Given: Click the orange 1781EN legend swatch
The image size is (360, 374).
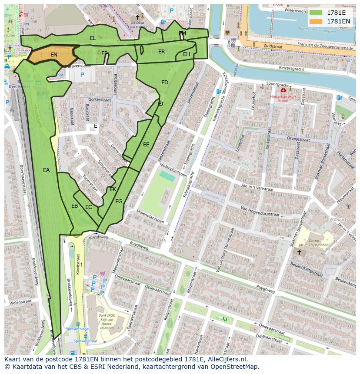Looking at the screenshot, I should click(x=316, y=21).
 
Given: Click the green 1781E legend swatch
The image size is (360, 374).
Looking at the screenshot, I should click(x=316, y=13).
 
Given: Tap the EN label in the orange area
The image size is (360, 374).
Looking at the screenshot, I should click(x=54, y=55).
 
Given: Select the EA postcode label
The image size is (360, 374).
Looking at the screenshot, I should click(x=47, y=170).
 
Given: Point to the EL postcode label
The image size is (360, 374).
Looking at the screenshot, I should click(x=93, y=38).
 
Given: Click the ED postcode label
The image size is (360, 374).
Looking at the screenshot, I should click(x=165, y=83).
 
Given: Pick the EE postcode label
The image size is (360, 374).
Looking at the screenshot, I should click(x=146, y=145).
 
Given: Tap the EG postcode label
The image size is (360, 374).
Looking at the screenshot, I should click(x=119, y=202).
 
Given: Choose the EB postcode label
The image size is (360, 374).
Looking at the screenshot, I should click(x=75, y=206).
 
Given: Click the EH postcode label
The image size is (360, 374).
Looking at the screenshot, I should click(x=187, y=54).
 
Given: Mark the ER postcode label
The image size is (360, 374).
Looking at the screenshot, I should click(x=162, y=52).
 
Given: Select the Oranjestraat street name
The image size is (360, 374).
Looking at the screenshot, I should click(x=297, y=140).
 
